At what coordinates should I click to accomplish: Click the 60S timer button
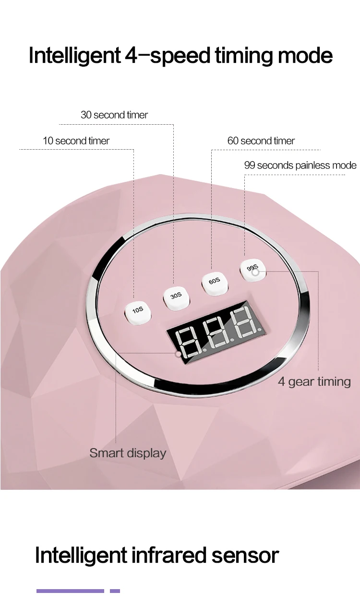[214, 280]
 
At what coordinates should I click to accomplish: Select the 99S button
[251, 268]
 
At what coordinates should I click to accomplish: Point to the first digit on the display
[187, 342]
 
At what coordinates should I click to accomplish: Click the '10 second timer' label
[76, 141]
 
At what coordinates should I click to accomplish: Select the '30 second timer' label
[114, 115]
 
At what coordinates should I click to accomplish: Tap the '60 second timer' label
[261, 141]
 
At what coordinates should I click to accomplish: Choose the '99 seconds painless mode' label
[300, 166]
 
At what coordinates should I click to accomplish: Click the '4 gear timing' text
[314, 382]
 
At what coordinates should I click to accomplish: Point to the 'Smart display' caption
[128, 453]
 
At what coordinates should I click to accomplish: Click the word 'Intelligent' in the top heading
[74, 56]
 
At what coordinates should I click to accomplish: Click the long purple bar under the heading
[70, 591]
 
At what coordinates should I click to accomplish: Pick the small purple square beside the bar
[115, 591]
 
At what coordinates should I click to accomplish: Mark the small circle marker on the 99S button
[255, 272]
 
